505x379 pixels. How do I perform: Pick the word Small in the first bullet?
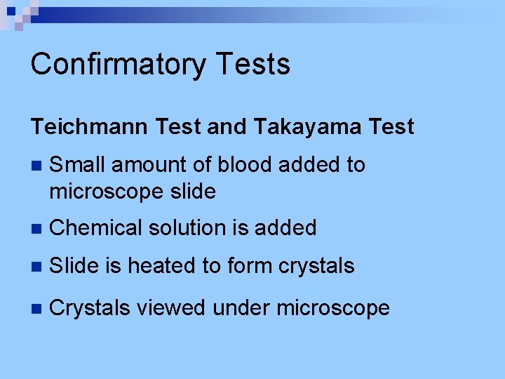(x=77, y=165)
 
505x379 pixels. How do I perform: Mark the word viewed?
(x=171, y=307)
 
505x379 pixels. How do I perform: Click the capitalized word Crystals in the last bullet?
(x=90, y=307)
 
